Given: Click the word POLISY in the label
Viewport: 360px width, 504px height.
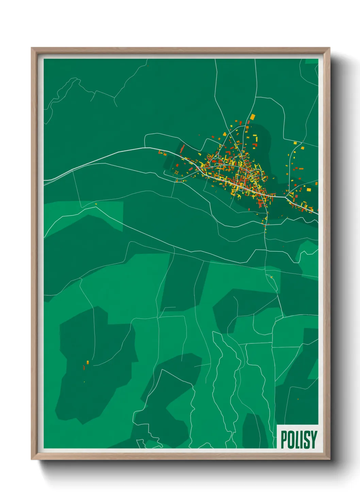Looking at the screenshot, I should pyautogui.click(x=299, y=439).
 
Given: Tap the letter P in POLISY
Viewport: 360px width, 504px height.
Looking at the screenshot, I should pyautogui.click(x=284, y=439).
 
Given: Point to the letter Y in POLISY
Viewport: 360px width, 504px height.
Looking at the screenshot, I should pyautogui.click(x=313, y=439).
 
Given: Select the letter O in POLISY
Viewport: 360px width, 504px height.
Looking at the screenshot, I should pyautogui.click(x=291, y=439).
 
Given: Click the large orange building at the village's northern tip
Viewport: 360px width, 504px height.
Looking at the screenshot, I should pyautogui.click(x=252, y=117).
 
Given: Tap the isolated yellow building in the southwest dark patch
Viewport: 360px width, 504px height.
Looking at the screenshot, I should pyautogui.click(x=87, y=362).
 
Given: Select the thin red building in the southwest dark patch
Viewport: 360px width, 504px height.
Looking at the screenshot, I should pyautogui.click(x=84, y=368).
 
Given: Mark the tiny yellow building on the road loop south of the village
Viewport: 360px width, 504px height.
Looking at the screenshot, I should pyautogui.click(x=271, y=277).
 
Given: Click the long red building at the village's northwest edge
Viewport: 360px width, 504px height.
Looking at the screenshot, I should pyautogui.click(x=182, y=148).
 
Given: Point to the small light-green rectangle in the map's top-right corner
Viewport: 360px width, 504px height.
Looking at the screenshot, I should pyautogui.click(x=311, y=61).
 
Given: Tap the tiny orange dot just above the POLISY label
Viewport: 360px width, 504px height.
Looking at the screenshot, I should pyautogui.click(x=298, y=399).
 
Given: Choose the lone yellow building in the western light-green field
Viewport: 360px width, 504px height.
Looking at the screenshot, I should pyautogui.click(x=96, y=204).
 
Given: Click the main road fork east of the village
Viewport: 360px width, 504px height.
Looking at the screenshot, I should pyautogui.click(x=285, y=197).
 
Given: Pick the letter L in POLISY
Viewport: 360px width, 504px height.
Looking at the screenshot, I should pyautogui.click(x=297, y=439).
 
